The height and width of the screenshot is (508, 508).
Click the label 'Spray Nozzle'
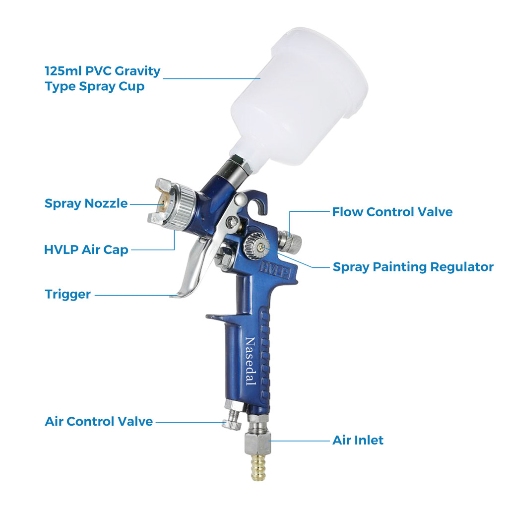86,204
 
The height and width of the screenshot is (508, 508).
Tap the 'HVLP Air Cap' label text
86,250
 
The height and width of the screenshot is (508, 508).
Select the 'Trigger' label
67,294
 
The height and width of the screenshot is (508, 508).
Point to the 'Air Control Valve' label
99,421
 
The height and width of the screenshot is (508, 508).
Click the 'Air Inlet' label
358,440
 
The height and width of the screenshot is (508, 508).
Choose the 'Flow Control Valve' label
392,212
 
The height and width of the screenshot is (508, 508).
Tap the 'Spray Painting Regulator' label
413,267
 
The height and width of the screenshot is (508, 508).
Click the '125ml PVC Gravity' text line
102,71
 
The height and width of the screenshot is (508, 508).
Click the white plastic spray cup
298,97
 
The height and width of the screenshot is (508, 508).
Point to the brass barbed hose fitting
258,467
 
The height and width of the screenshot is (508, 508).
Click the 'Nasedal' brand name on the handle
250,361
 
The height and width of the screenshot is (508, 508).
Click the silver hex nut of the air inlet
257,444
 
